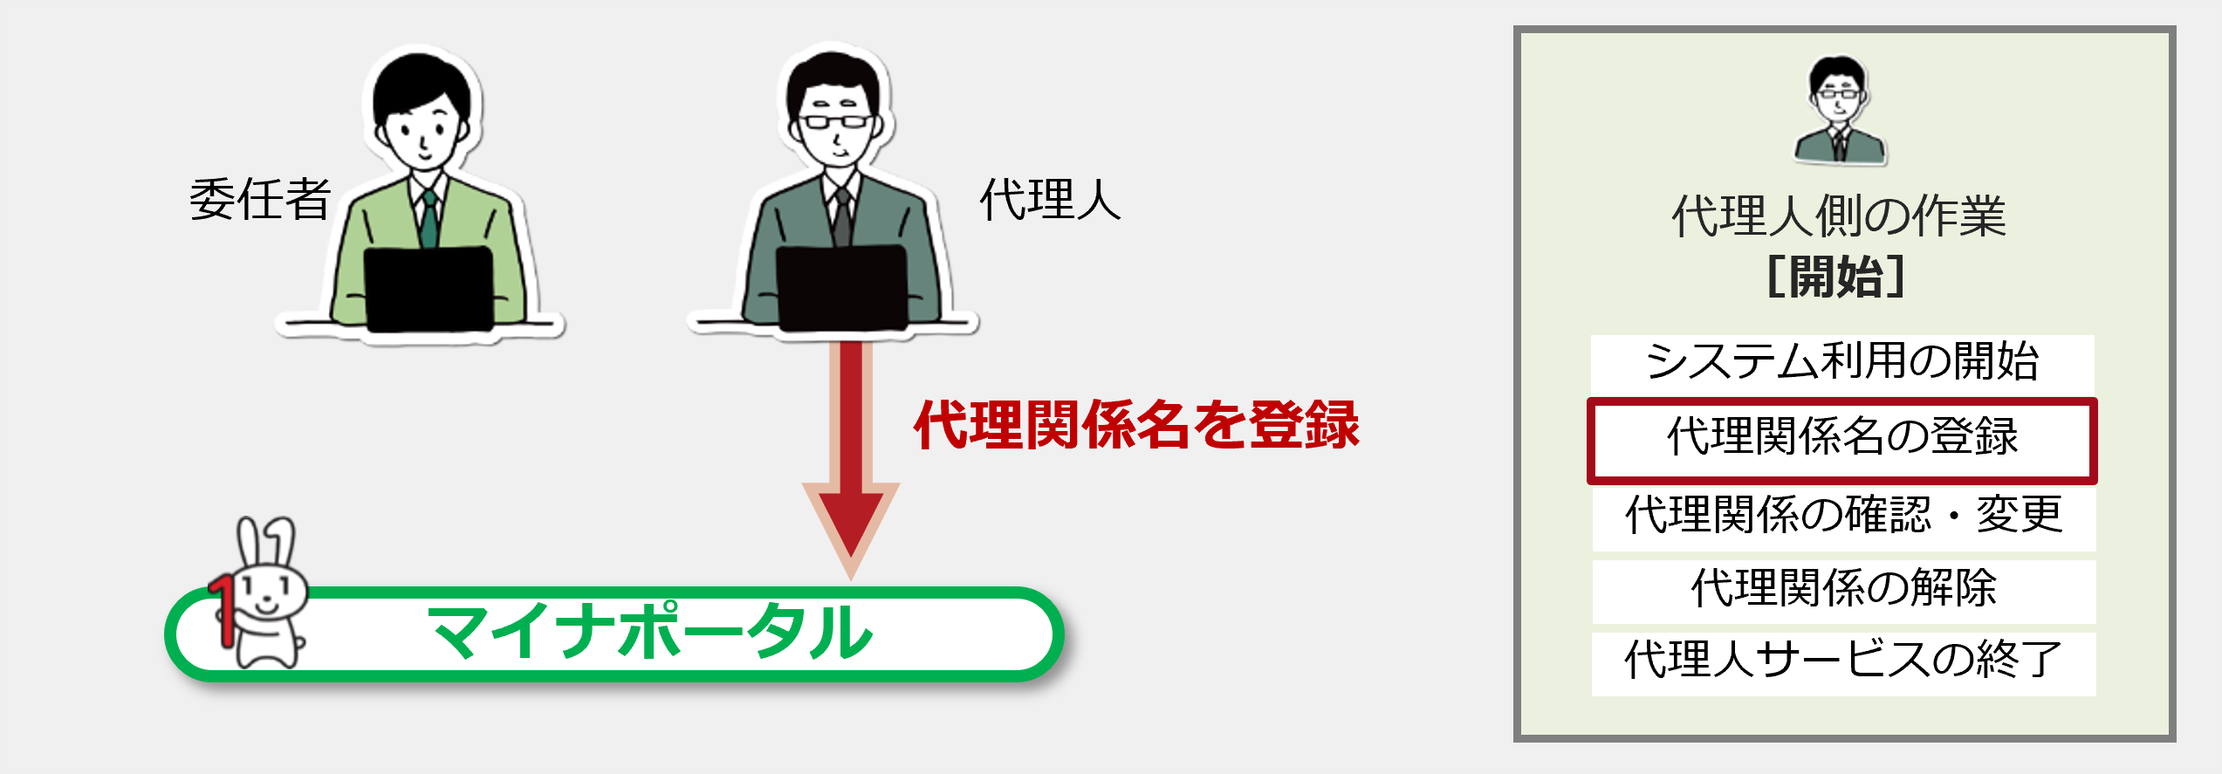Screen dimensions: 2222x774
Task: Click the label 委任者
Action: pos(260,199)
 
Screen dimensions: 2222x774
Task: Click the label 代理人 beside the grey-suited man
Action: pos(1050,199)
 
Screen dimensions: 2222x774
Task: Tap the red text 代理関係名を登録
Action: pos(1136,425)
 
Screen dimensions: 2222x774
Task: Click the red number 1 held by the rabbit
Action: pos(223,610)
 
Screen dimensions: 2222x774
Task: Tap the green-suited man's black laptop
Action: pos(429,289)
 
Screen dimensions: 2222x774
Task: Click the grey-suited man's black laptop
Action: pos(842,288)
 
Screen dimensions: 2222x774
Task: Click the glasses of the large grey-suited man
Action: pos(836,121)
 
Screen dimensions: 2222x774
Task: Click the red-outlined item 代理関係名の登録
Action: pos(1842,439)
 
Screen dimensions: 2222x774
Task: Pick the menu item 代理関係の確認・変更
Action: pos(1844,515)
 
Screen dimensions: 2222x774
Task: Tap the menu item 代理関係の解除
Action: pos(1844,589)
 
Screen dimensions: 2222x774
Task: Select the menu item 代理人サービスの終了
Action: pos(1843,661)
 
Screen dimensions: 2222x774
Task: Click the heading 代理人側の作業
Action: pos(1839,216)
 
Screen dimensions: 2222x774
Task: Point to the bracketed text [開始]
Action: pos(1836,277)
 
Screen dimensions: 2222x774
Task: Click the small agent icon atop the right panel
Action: pos(1840,110)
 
